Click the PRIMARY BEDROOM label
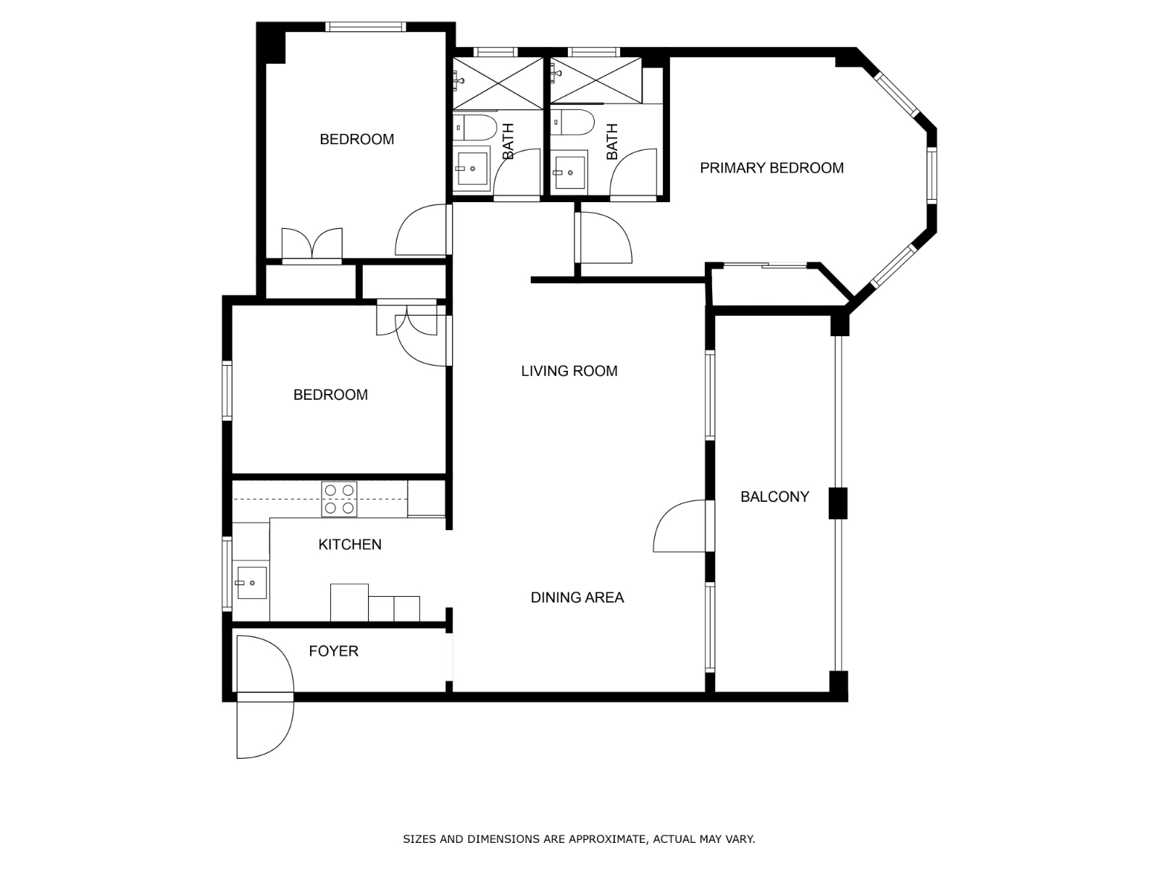pos(771,168)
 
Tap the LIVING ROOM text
pos(569,371)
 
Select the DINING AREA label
pos(577,597)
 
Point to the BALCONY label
pos(774,497)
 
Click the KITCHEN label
pos(350,545)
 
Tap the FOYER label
pos(333,651)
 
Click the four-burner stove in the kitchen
pos(339,499)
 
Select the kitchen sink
pos(251,582)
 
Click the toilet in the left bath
pos(474,127)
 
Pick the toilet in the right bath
pos(572,122)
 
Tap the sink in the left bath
pos(472,168)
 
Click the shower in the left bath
pos(498,83)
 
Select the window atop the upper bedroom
pos(365,26)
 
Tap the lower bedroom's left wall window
pos(227,390)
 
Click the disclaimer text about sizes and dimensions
pos(579,839)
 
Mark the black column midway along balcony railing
pos(837,503)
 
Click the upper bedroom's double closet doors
pos(312,246)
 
